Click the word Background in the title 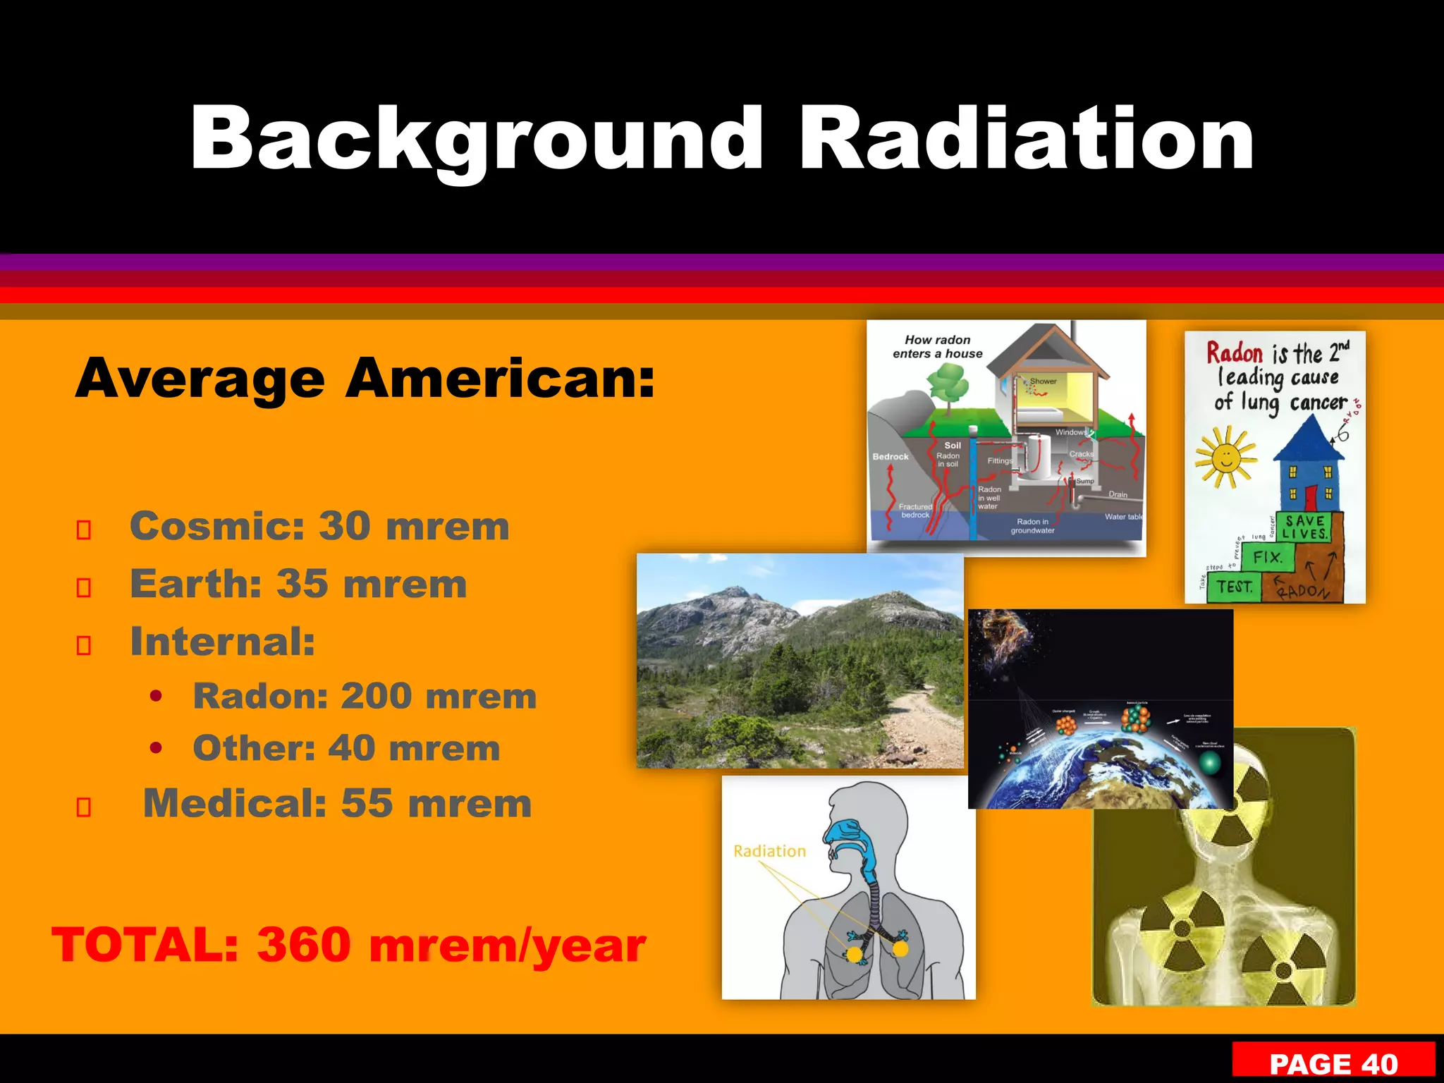[x=477, y=139]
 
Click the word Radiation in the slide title [x=1027, y=139]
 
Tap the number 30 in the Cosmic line [x=345, y=526]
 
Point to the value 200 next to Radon [x=377, y=697]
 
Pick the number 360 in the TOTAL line [x=304, y=945]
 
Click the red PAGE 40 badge [x=1333, y=1063]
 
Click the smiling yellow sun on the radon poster [x=1226, y=458]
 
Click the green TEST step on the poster [x=1234, y=587]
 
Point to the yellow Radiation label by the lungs [x=769, y=851]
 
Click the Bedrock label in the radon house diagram [x=891, y=457]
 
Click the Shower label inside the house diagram [x=1043, y=381]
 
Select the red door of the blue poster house [x=1311, y=497]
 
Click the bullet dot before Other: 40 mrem [x=157, y=748]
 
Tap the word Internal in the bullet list [x=221, y=642]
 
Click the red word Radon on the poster [x=1235, y=353]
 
